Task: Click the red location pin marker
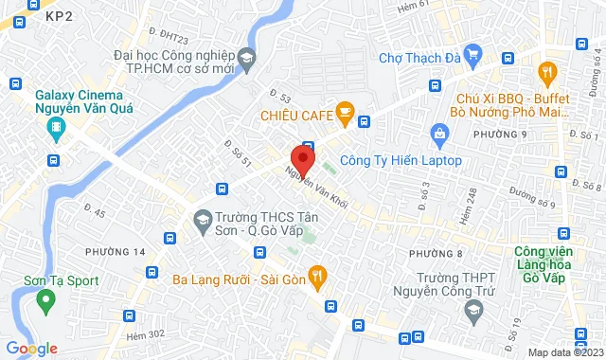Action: (x=302, y=157)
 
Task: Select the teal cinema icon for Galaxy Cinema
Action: (x=57, y=127)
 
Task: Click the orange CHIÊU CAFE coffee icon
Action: (x=345, y=116)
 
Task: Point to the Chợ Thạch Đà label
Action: (x=419, y=58)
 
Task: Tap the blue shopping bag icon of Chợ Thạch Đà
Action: (x=471, y=57)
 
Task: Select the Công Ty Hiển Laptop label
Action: (x=401, y=160)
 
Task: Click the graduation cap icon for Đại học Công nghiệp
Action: (x=246, y=59)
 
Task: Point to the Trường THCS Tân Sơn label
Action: (x=257, y=224)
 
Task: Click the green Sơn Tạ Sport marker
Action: (x=44, y=302)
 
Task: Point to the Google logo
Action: (x=31, y=348)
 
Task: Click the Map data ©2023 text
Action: (x=563, y=352)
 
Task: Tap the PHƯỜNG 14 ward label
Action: (x=115, y=251)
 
